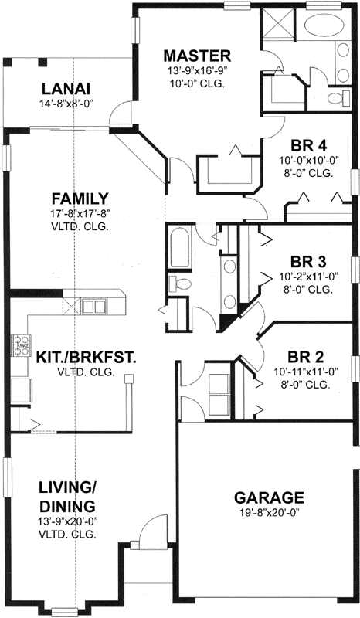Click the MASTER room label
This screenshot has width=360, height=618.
pos(197,56)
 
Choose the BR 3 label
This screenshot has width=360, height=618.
pos(309,260)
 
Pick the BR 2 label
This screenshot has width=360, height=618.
pos(309,356)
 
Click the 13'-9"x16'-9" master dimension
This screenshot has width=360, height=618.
pos(197,71)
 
